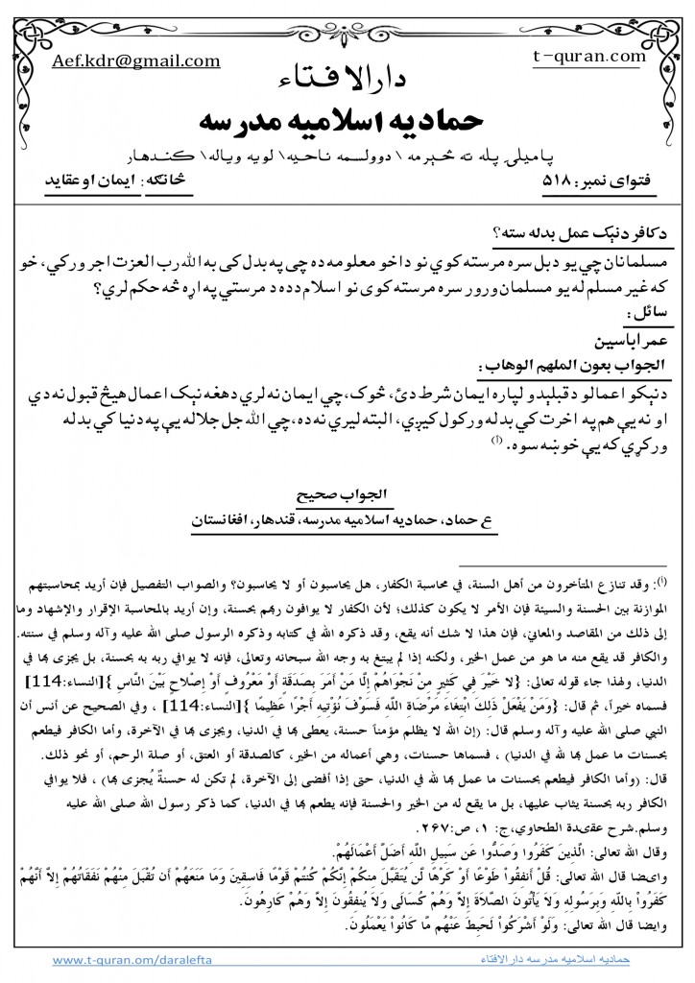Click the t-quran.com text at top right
(588, 57)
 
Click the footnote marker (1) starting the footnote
(674, 579)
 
